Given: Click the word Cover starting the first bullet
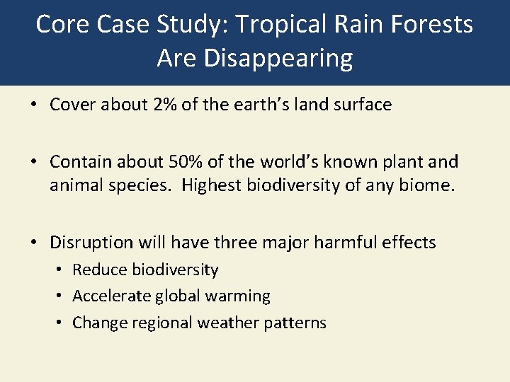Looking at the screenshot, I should click(x=73, y=105).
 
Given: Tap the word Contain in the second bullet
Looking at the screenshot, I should click(x=80, y=162).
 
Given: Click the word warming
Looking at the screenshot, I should click(x=237, y=296).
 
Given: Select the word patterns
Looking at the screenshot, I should click(x=297, y=323).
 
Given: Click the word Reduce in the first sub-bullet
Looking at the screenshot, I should click(x=96, y=270).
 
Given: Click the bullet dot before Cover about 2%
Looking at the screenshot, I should click(x=33, y=105).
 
